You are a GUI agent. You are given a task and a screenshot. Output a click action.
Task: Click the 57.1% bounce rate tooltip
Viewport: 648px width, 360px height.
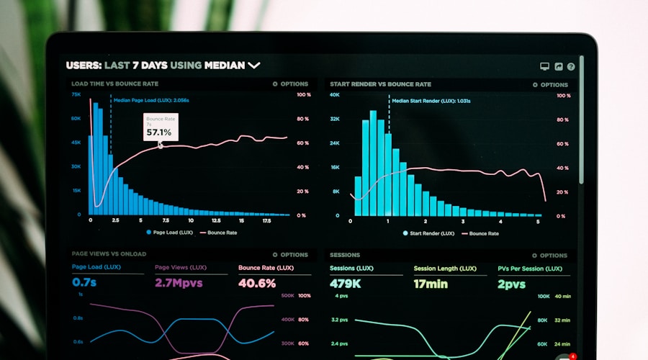tap(160, 127)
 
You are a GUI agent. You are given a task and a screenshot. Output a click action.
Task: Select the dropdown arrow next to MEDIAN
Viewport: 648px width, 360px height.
tap(254, 66)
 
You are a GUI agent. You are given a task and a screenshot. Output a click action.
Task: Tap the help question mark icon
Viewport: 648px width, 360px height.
tap(571, 66)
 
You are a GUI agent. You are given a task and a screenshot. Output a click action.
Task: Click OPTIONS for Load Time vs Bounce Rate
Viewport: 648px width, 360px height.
tap(290, 84)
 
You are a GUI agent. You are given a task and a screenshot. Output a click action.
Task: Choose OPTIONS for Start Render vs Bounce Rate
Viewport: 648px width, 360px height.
tap(550, 85)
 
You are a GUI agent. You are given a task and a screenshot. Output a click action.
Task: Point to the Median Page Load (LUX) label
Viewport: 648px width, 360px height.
tap(150, 101)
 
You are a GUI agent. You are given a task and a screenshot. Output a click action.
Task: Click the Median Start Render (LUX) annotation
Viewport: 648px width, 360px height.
tap(431, 101)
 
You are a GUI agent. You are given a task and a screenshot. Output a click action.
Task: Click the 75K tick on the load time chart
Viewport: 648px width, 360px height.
tap(76, 94)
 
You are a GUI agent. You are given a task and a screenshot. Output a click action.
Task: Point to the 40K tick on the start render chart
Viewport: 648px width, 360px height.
tap(335, 94)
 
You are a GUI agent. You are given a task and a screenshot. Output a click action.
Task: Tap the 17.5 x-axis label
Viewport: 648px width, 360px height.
tap(266, 221)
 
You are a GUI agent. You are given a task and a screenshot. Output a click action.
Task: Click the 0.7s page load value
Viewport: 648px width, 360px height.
tap(84, 283)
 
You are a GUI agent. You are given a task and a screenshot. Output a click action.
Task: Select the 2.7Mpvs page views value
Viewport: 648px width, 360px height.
tap(179, 283)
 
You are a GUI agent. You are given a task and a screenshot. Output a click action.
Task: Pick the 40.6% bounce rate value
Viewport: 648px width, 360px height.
tap(257, 283)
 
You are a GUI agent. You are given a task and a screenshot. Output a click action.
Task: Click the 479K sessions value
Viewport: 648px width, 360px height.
tap(346, 284)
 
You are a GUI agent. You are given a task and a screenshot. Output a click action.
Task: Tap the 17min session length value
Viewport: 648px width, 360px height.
tap(431, 284)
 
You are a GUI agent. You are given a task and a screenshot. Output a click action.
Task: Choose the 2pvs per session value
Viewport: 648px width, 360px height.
tap(512, 284)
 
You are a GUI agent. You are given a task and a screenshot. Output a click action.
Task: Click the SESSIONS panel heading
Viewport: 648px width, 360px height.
tap(345, 255)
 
